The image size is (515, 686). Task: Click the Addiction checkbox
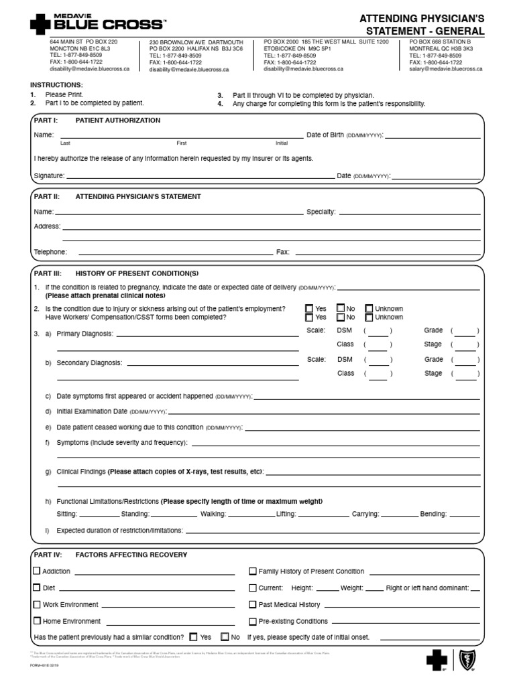point(37,571)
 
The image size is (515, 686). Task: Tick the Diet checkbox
point(37,588)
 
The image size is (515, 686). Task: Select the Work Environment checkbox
point(37,604)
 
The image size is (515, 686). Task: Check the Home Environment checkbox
point(37,621)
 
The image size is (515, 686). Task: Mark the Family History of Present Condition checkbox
point(253,571)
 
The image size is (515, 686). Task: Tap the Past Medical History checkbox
point(253,604)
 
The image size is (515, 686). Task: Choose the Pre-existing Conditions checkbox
point(253,621)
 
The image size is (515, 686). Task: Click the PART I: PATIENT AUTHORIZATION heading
point(97,121)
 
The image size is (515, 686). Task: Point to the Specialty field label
point(321,212)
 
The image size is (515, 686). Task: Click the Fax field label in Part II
point(282,252)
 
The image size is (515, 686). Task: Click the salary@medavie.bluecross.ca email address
point(446,69)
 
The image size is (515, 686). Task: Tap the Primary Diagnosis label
point(84,334)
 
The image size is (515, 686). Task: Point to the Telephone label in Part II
point(50,252)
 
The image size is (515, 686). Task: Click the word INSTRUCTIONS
point(56,85)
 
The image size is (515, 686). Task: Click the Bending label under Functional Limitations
point(433,514)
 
